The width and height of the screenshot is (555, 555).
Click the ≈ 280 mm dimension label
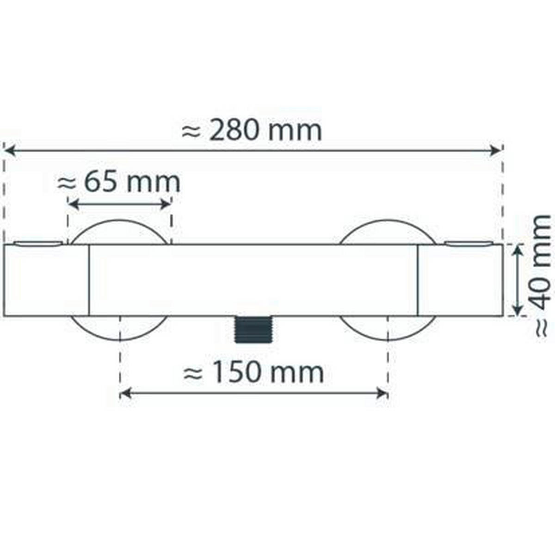pos(252,131)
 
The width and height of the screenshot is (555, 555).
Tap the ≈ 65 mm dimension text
pos(119,183)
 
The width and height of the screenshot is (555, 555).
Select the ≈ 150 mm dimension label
pos(253,372)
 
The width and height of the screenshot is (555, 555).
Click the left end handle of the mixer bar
pos(46,280)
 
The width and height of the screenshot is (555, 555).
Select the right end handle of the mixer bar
pos(460,280)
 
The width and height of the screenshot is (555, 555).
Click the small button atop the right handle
pos(468,243)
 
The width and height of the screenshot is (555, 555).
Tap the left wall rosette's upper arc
pos(119,223)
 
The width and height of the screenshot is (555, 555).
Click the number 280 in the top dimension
pos(233,131)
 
